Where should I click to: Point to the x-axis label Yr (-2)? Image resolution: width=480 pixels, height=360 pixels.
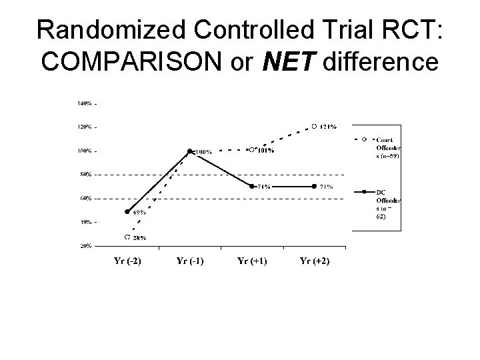tap(125, 261)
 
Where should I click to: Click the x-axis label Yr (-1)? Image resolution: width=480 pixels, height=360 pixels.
tap(189, 261)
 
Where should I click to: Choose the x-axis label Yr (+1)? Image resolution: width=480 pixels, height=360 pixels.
tap(252, 261)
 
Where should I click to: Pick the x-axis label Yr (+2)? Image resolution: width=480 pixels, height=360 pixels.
tap(314, 261)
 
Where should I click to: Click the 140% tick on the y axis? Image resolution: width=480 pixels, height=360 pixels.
tap(86, 103)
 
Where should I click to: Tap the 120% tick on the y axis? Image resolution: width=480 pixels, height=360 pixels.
tap(86, 127)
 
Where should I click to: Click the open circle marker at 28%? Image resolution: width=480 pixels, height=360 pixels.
tap(127, 237)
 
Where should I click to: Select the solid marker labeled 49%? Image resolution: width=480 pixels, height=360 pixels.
tap(127, 211)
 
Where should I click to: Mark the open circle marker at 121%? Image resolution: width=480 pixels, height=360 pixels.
tap(314, 125)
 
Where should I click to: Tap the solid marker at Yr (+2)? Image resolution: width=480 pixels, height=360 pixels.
tap(314, 186)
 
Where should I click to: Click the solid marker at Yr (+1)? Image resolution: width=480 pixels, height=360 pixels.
tap(252, 186)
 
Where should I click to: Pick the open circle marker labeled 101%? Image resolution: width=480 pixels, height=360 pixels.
tap(251, 149)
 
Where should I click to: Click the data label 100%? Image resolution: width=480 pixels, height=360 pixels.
tap(203, 152)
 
